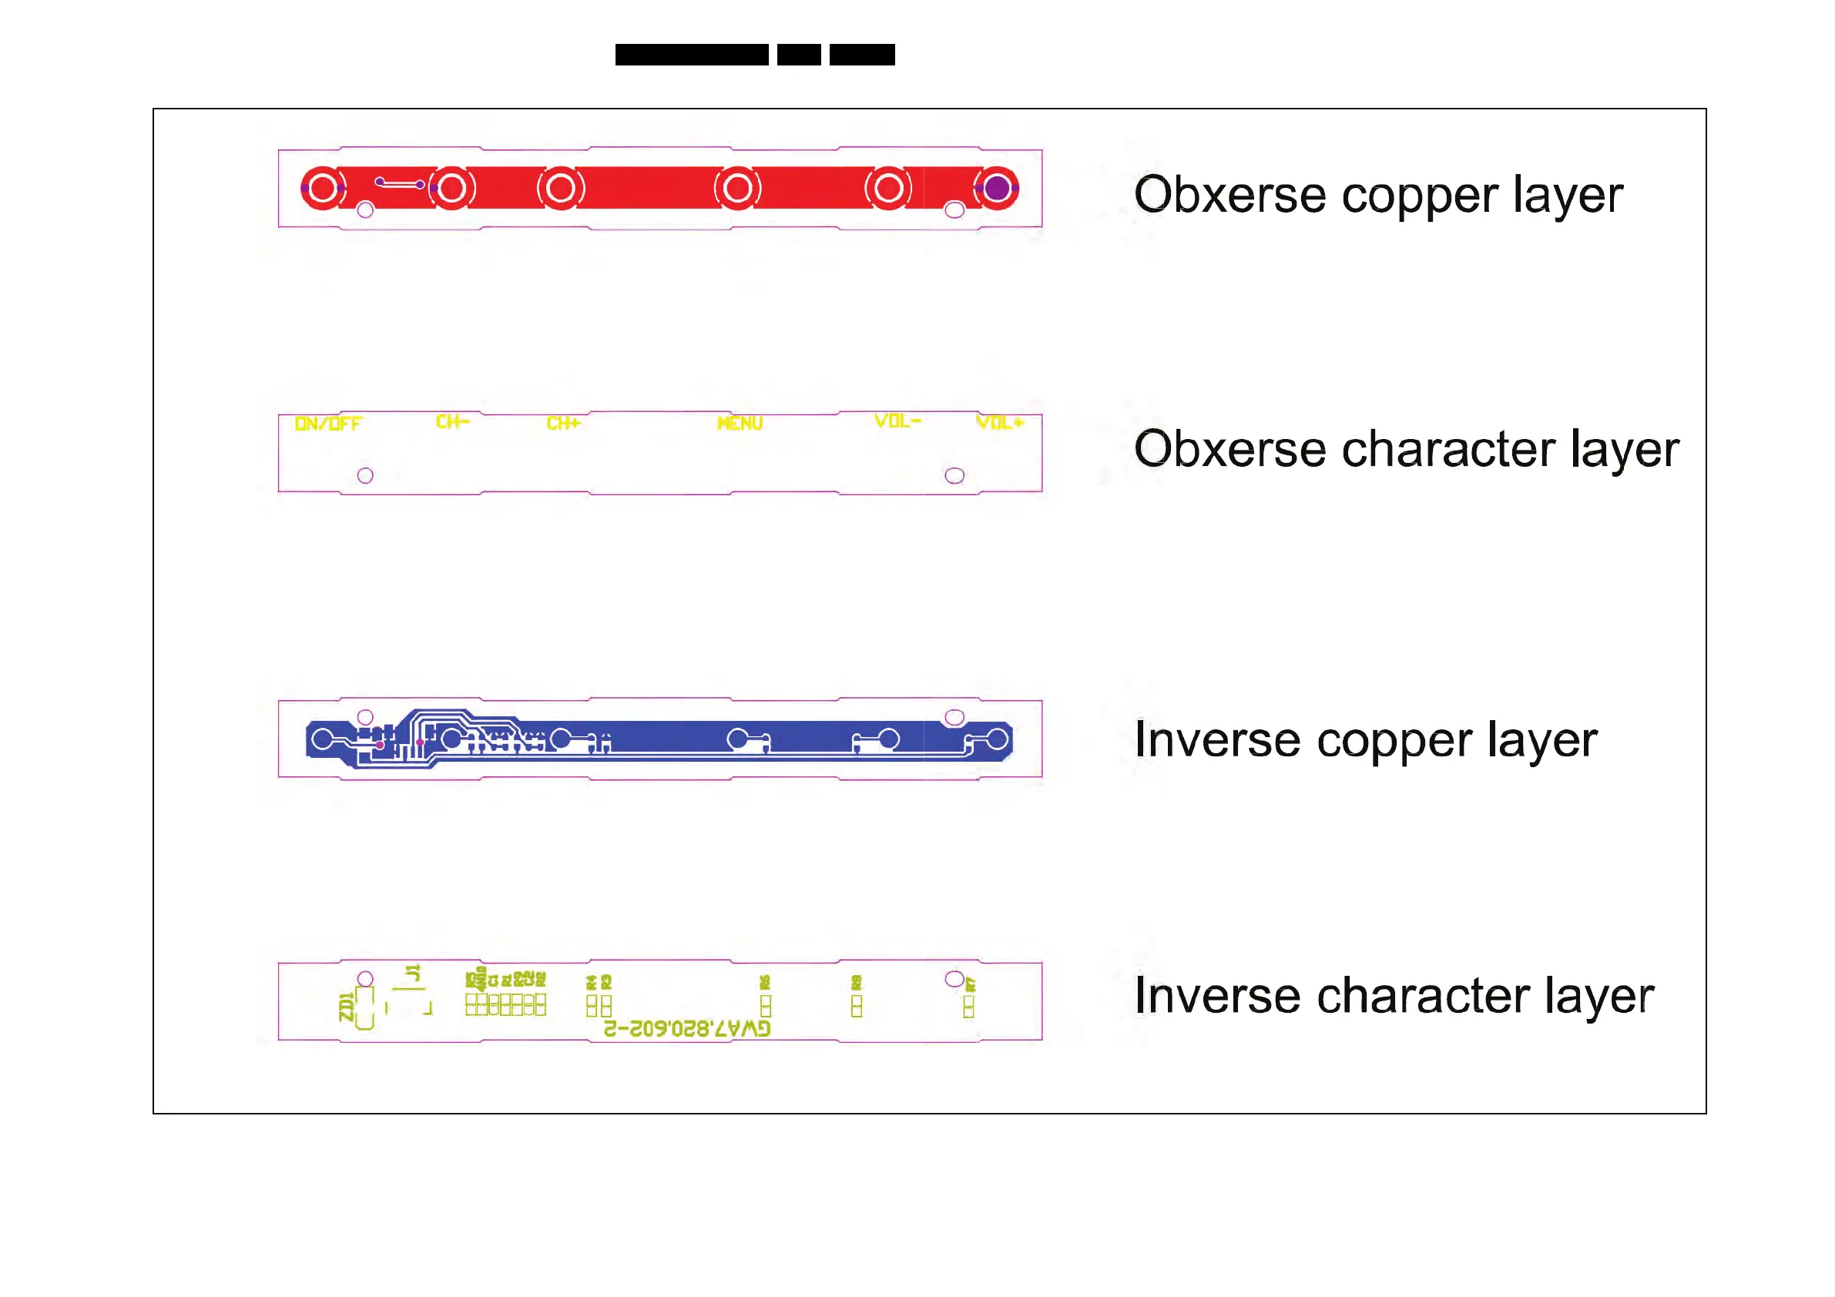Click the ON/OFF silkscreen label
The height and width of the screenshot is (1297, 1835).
point(327,424)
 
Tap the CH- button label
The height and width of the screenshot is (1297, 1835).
point(452,421)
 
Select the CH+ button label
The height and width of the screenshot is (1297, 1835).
point(562,423)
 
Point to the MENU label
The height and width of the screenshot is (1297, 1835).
point(740,423)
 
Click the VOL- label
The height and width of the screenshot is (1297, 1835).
point(897,421)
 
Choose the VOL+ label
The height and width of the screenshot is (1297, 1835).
point(999,422)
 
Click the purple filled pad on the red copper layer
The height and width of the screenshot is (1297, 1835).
point(997,189)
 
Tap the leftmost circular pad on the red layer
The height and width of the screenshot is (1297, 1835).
point(323,189)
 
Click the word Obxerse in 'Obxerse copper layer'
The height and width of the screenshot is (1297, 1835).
point(1232,195)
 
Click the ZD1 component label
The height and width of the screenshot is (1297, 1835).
point(346,1007)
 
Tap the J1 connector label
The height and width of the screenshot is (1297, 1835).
point(412,973)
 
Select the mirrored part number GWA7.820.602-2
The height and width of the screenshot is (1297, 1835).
point(687,1028)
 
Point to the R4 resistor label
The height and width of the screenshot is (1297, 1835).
point(592,982)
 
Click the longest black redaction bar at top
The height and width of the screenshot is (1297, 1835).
point(691,55)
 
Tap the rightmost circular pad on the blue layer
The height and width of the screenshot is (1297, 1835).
point(997,739)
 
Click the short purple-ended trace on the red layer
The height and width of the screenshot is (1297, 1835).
point(400,183)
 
